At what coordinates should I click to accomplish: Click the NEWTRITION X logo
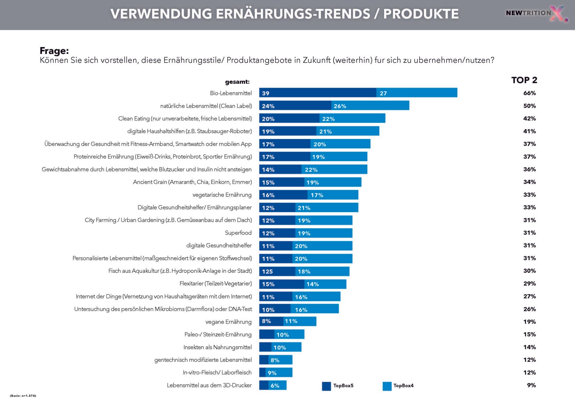pyautogui.click(x=536, y=13)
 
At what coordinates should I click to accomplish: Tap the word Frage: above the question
pyautogui.click(x=54, y=51)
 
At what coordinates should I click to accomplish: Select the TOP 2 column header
pyautogui.click(x=524, y=80)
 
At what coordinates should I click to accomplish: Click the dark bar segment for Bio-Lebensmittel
pyautogui.click(x=317, y=93)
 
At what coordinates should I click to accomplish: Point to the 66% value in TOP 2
pyautogui.click(x=529, y=93)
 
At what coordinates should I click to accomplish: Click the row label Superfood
pyautogui.click(x=238, y=233)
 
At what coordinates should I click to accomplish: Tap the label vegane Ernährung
pyautogui.click(x=229, y=322)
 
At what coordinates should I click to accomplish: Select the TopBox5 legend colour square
pyautogui.click(x=326, y=386)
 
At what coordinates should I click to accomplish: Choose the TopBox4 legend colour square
pyautogui.click(x=387, y=386)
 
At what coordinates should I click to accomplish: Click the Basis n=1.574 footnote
pyautogui.click(x=23, y=396)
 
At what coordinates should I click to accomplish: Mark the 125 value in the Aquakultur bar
pyautogui.click(x=267, y=271)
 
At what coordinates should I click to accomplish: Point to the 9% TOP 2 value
pyautogui.click(x=531, y=385)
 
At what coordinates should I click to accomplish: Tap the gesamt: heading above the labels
pyautogui.click(x=237, y=82)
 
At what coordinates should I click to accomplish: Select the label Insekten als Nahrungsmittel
pyautogui.click(x=217, y=347)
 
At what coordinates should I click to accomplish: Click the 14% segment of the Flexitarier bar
pyautogui.click(x=325, y=284)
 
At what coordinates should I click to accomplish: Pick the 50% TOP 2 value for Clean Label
pyautogui.click(x=529, y=106)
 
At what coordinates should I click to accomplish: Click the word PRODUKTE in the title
pyautogui.click(x=421, y=14)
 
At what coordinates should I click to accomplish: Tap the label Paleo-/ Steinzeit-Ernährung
pyautogui.click(x=218, y=334)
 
